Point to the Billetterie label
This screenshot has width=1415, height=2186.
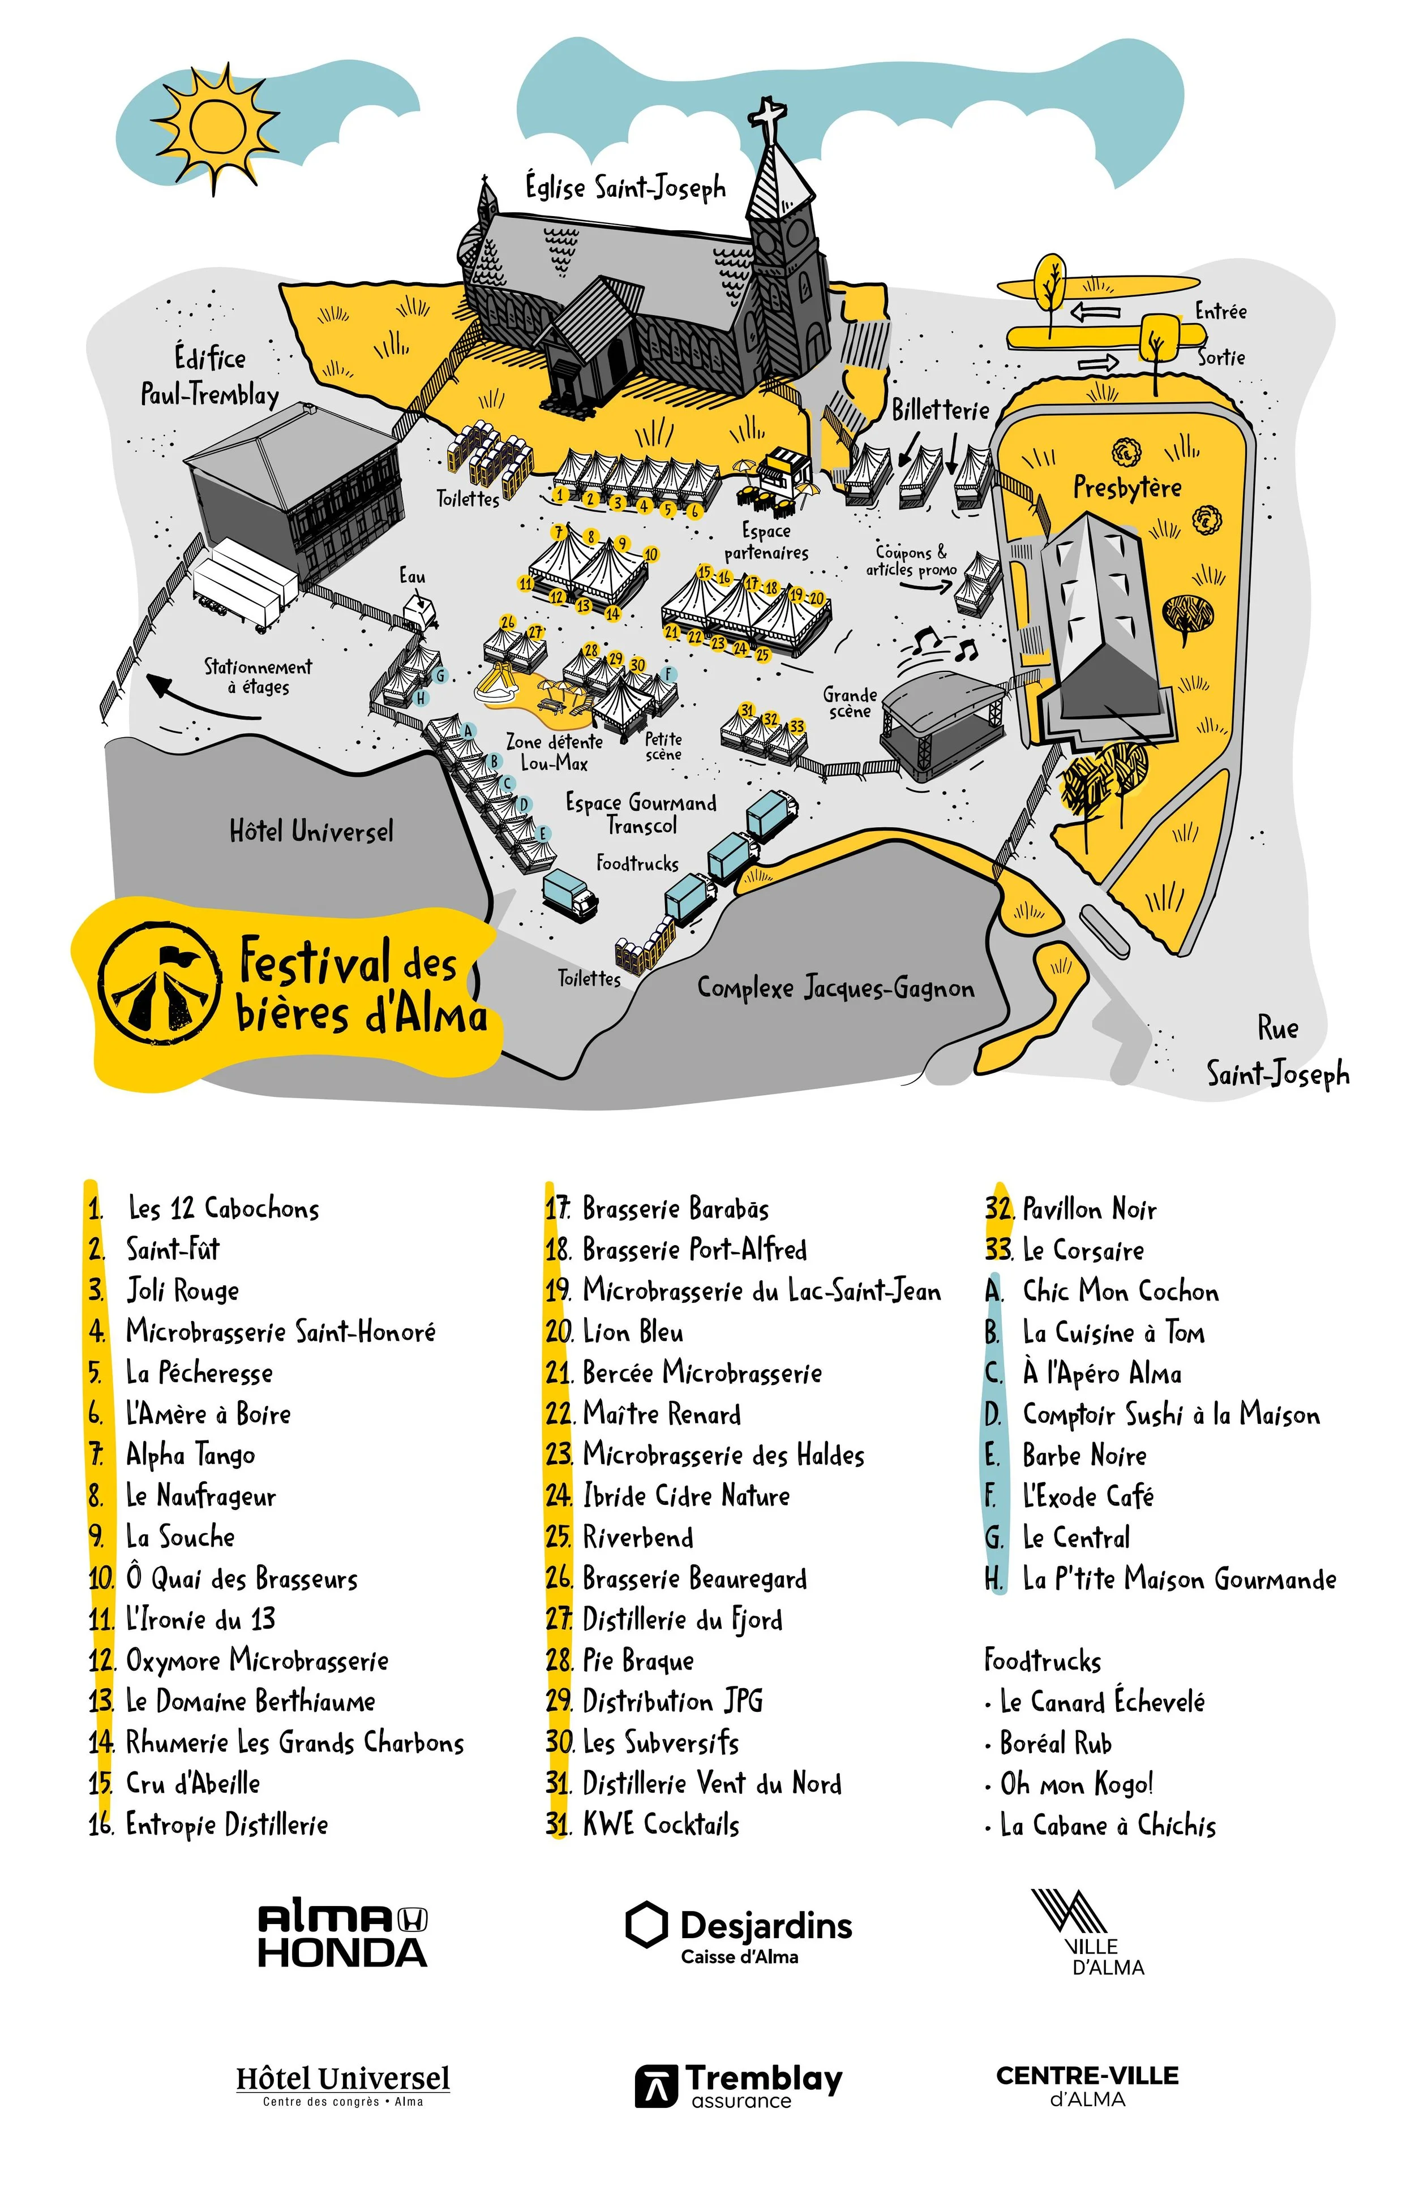point(940,410)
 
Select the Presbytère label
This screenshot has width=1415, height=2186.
point(1127,487)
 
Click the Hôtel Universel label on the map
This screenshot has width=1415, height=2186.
point(311,831)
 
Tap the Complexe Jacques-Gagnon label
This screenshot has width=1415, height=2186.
point(835,988)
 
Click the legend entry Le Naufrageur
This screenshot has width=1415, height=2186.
point(200,1496)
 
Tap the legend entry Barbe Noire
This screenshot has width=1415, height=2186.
point(1084,1456)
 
